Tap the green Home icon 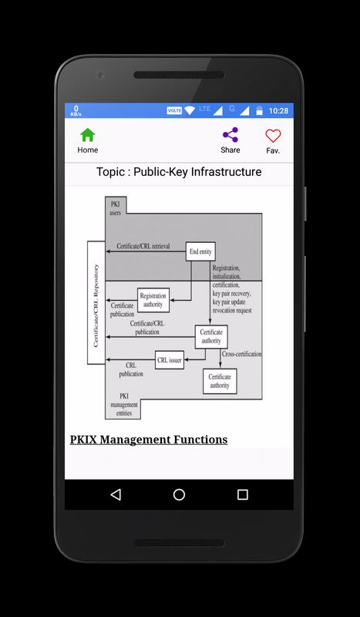[88, 135]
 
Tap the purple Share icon [230, 135]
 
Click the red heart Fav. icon [273, 137]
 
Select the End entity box [200, 251]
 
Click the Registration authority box [153, 300]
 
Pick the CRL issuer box [170, 359]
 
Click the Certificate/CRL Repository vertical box [96, 302]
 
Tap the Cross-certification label [241, 354]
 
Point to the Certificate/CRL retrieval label [143, 246]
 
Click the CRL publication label [131, 369]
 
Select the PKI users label [116, 208]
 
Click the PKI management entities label [124, 404]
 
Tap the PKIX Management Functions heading [149, 440]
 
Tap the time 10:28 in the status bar [278, 111]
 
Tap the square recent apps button [243, 494]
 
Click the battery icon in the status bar [259, 110]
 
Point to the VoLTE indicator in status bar [174, 110]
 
